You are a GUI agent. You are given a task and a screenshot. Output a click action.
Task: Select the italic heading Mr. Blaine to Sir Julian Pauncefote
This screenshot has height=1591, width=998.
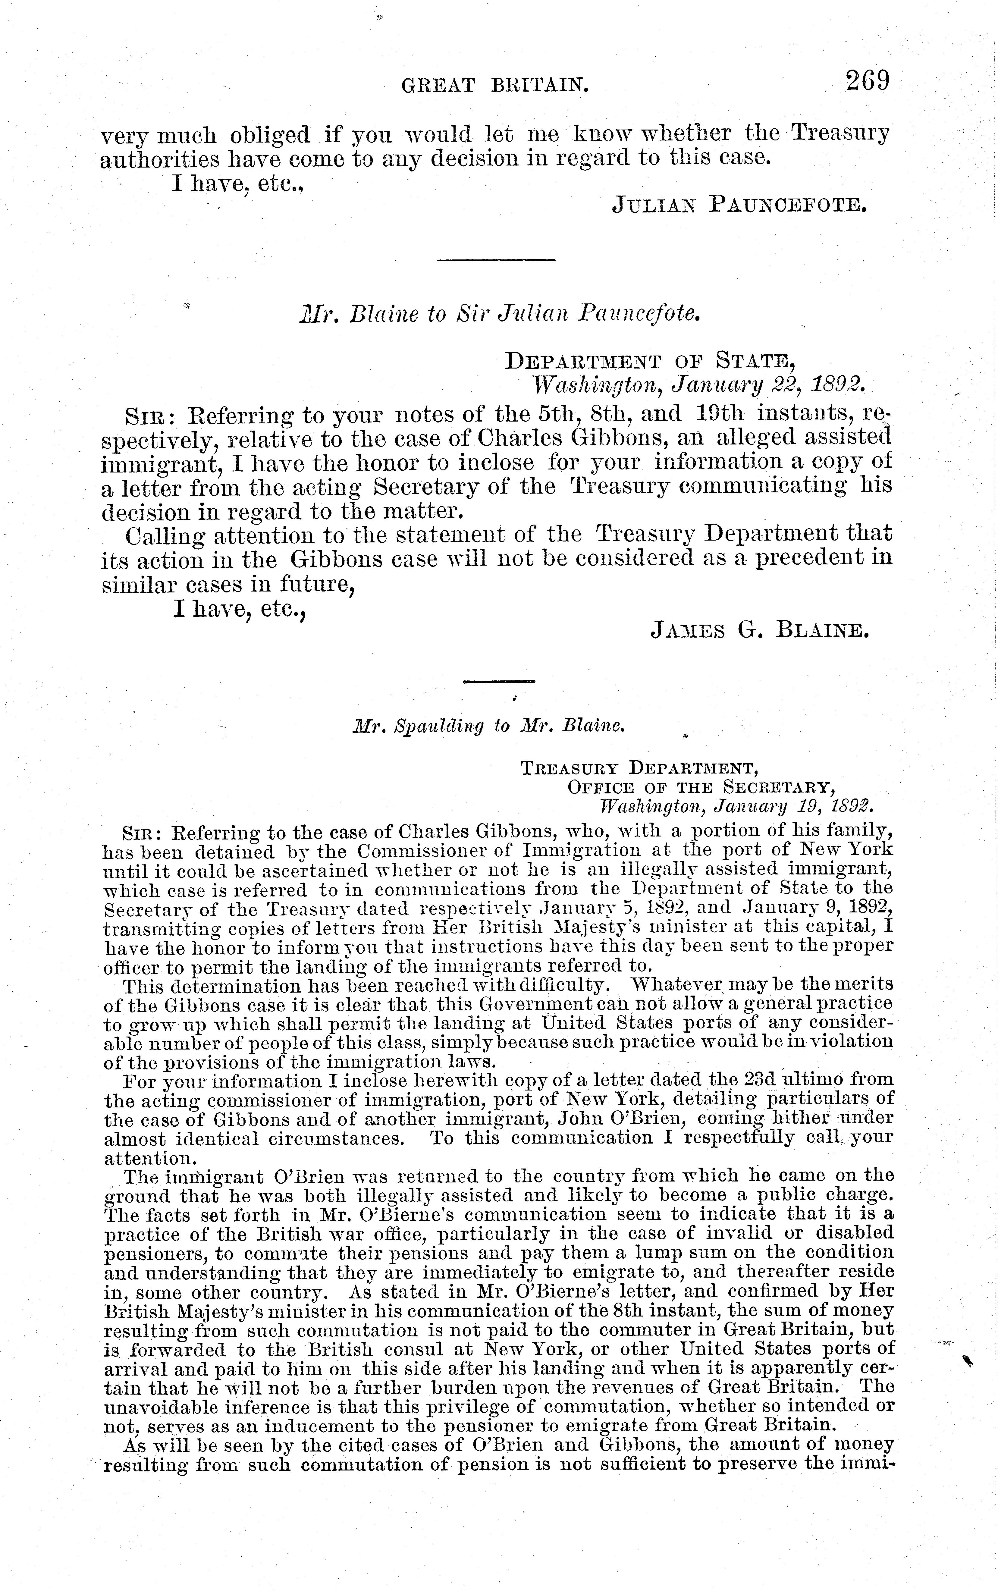498,313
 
